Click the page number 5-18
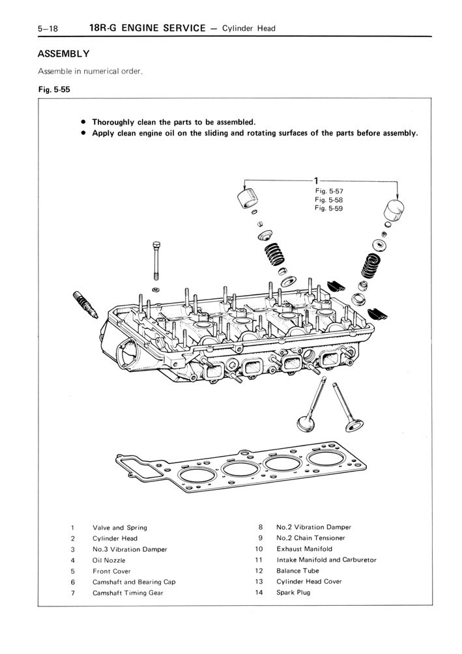tap(48, 29)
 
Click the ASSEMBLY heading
tap(63, 53)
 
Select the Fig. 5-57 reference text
tap(328, 191)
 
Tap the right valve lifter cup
tap(394, 211)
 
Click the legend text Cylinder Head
tap(115, 539)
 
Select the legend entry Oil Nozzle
tap(109, 560)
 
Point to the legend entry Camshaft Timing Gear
tap(128, 593)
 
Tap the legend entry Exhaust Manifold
tap(304, 549)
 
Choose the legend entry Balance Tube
tap(298, 571)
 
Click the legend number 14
tap(259, 592)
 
